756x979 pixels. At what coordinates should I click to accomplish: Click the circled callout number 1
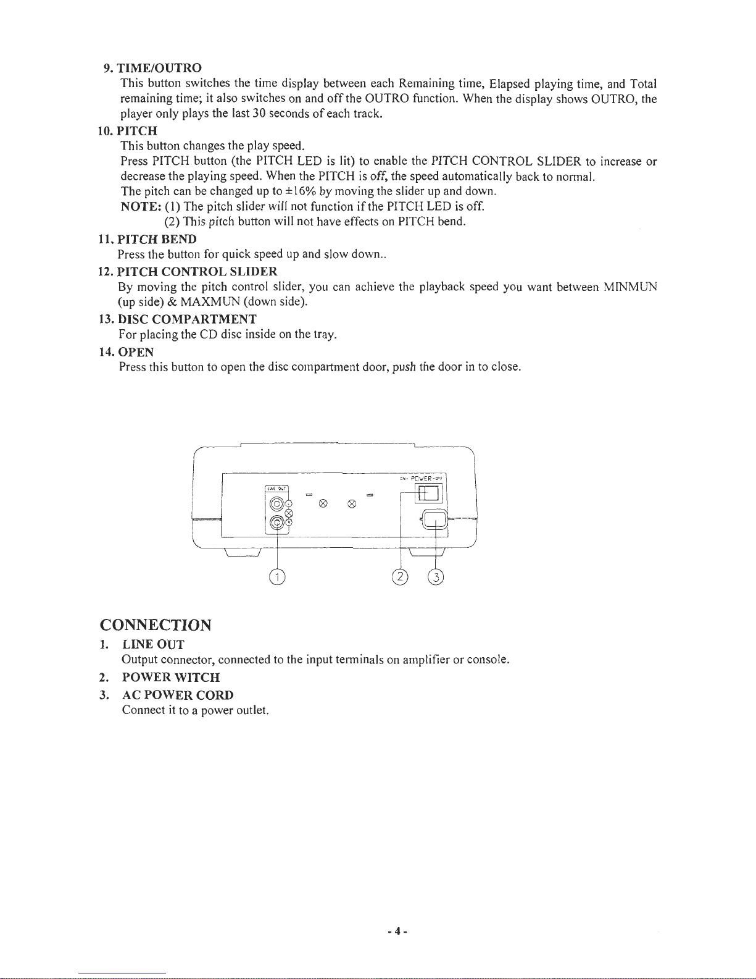[x=278, y=577]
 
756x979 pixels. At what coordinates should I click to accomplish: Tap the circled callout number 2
[x=401, y=577]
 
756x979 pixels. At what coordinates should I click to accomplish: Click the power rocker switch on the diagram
[x=428, y=493]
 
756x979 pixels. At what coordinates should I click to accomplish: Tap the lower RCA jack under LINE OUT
[x=278, y=523]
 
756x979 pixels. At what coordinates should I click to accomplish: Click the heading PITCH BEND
[x=157, y=238]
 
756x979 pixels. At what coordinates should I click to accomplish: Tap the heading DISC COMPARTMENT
[x=187, y=319]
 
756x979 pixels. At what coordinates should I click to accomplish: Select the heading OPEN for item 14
[x=136, y=351]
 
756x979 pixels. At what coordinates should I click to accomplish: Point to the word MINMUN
[x=630, y=287]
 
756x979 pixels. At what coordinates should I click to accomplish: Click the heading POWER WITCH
[x=171, y=677]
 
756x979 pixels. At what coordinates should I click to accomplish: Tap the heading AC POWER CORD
[x=178, y=694]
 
